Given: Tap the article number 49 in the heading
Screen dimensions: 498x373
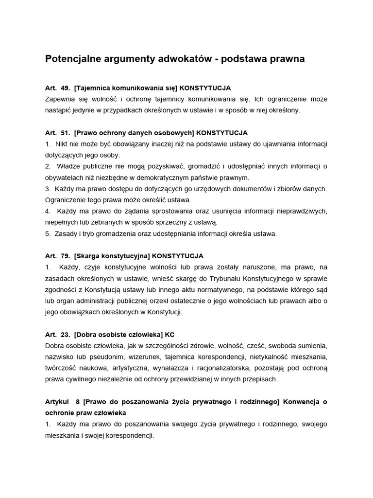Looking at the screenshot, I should pyautogui.click(x=66, y=88).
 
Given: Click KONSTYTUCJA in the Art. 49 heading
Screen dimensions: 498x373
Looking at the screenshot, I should pyautogui.click(x=205, y=88).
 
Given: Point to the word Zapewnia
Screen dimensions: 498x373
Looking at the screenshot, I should pyautogui.click(x=60, y=99).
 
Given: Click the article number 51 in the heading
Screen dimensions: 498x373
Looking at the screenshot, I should pyautogui.click(x=66, y=133).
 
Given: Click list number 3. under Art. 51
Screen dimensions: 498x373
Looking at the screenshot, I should pyautogui.click(x=48, y=189).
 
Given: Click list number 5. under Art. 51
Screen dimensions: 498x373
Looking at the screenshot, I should pyautogui.click(x=48, y=233).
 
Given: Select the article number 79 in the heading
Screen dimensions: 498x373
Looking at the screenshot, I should pyautogui.click(x=66, y=256).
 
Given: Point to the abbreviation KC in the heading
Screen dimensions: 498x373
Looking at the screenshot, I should pyautogui.click(x=170, y=334).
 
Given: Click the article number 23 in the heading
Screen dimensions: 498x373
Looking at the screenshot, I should pyautogui.click(x=66, y=334).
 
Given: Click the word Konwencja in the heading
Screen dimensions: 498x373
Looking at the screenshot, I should pyautogui.click(x=301, y=401).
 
